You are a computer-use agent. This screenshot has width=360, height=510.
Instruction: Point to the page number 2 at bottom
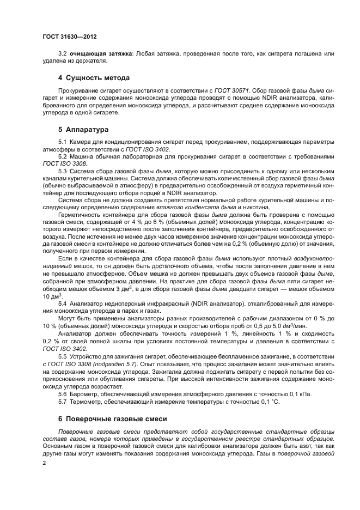click(x=44, y=462)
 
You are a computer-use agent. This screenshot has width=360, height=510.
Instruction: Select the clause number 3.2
click(x=62, y=53)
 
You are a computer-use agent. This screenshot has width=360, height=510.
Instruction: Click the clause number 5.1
click(x=62, y=142)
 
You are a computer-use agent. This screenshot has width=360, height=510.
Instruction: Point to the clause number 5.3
click(x=62, y=171)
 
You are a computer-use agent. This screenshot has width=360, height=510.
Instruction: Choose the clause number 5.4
click(x=62, y=302)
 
